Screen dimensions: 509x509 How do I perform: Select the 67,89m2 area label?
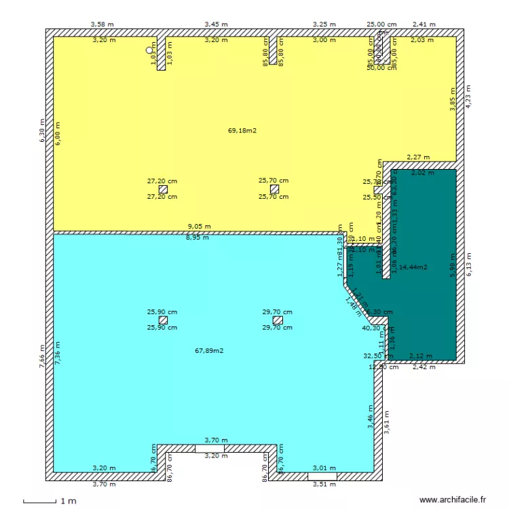pyautogui.click(x=209, y=351)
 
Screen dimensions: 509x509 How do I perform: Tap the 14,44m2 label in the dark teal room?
pyautogui.click(x=413, y=267)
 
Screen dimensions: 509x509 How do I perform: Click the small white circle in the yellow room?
pyautogui.click(x=150, y=50)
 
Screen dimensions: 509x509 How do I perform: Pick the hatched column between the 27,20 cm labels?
pyautogui.click(x=162, y=189)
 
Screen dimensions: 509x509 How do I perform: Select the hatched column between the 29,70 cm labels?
pyautogui.click(x=277, y=320)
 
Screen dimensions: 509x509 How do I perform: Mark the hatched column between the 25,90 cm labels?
pyautogui.click(x=162, y=320)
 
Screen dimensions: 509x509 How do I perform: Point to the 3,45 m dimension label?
pyautogui.click(x=216, y=24)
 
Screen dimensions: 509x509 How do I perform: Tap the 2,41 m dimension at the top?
pyautogui.click(x=423, y=24)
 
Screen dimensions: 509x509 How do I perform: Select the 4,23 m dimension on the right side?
pyautogui.click(x=468, y=96)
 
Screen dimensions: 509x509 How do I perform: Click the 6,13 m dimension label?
pyautogui.click(x=468, y=265)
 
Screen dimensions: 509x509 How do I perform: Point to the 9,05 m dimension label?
pyautogui.click(x=199, y=227)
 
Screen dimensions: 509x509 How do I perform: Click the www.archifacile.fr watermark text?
pyautogui.click(x=453, y=499)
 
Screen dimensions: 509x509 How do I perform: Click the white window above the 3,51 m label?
pyautogui.click(x=322, y=477)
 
